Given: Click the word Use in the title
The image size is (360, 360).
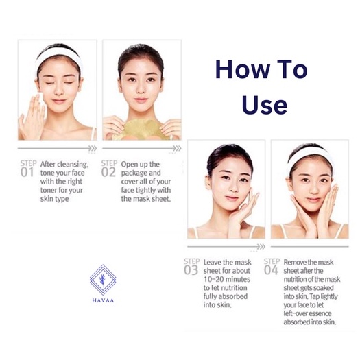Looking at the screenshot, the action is (264, 104).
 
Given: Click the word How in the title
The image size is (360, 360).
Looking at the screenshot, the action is (243, 69).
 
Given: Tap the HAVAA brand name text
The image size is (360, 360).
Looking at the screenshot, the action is (103, 300).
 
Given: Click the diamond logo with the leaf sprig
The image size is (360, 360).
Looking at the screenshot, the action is (103, 280).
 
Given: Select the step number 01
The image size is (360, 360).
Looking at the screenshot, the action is (27, 172).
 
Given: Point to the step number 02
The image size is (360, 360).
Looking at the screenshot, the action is (108, 172).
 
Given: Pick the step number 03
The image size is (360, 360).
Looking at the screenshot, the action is (191, 270).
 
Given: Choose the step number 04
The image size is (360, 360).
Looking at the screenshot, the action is (271, 270).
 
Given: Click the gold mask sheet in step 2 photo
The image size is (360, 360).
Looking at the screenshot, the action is (143, 129).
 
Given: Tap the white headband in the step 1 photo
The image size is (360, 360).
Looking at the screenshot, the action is (59, 57).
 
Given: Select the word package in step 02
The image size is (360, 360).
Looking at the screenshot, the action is (135, 173).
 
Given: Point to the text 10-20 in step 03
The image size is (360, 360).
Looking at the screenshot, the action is (212, 279).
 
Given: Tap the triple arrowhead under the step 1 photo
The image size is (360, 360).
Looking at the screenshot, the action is (93, 148).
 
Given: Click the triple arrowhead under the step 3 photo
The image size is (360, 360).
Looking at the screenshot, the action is (261, 247).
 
